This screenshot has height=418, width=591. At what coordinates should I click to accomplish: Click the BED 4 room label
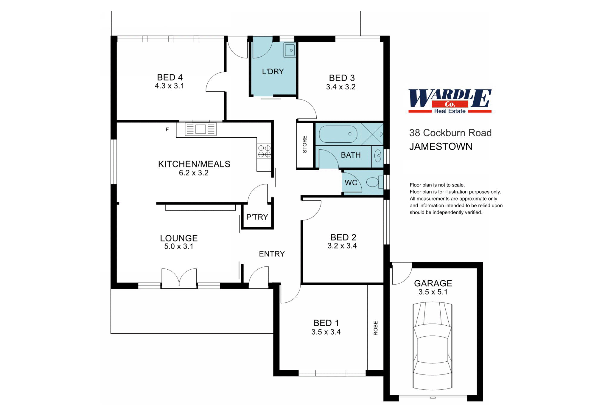[x=169, y=77]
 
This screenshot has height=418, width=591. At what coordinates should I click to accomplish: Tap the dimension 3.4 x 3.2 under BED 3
[x=340, y=87]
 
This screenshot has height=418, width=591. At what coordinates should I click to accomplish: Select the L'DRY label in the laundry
[x=273, y=72]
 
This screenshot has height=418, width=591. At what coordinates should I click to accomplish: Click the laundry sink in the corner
[x=290, y=50]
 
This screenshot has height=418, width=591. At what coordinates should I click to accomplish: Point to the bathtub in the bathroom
[x=338, y=134]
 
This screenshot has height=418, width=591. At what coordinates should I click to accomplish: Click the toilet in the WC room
[x=374, y=182]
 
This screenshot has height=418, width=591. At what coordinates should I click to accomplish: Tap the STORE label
[x=304, y=144]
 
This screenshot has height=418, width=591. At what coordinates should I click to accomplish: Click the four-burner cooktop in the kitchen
[x=264, y=151]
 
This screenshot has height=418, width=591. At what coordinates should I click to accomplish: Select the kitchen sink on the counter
[x=200, y=129]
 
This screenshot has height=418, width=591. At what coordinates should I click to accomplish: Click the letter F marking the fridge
[x=167, y=129]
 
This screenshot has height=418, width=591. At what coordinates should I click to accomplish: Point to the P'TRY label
[x=257, y=217]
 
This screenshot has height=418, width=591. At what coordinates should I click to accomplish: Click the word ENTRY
[x=272, y=254]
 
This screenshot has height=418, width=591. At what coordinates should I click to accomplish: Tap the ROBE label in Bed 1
[x=376, y=328]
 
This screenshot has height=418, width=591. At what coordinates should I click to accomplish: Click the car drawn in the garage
[x=432, y=346]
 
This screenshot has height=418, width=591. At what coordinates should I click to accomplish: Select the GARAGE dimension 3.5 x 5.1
[x=433, y=292]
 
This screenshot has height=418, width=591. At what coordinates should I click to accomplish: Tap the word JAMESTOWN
[x=441, y=147]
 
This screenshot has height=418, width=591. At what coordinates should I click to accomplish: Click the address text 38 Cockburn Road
[x=450, y=133]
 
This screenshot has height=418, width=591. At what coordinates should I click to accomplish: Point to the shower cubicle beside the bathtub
[x=372, y=134]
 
